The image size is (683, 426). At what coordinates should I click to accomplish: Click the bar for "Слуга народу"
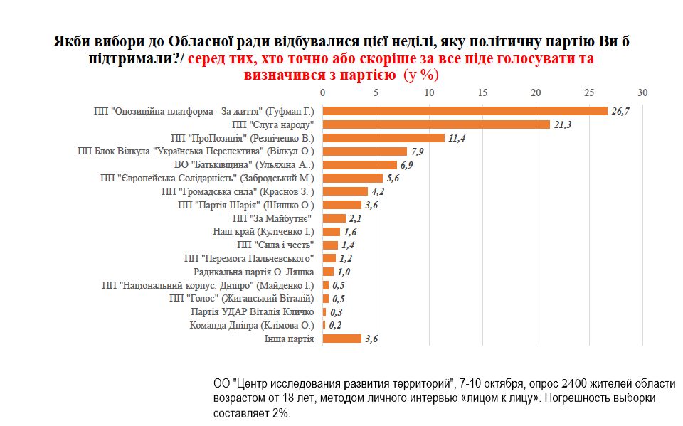[x=436, y=124]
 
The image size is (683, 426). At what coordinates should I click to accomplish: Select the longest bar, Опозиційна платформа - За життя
[x=465, y=111]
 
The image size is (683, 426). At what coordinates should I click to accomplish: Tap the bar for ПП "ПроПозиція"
[x=383, y=138]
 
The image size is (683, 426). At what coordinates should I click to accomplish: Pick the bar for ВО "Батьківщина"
[x=359, y=165]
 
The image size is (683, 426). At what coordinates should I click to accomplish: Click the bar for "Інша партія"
[x=342, y=339]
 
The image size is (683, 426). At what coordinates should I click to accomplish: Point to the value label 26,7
[x=621, y=112]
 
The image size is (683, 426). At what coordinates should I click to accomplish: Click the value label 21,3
[x=563, y=125]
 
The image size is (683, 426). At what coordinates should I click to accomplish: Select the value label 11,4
[x=457, y=138]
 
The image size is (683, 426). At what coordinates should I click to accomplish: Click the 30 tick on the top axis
[x=642, y=93]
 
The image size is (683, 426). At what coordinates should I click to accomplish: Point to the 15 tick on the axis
[x=482, y=93]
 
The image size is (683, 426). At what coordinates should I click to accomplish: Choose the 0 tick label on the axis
[x=323, y=93]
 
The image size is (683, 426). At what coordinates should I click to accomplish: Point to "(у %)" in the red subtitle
[x=421, y=74]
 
